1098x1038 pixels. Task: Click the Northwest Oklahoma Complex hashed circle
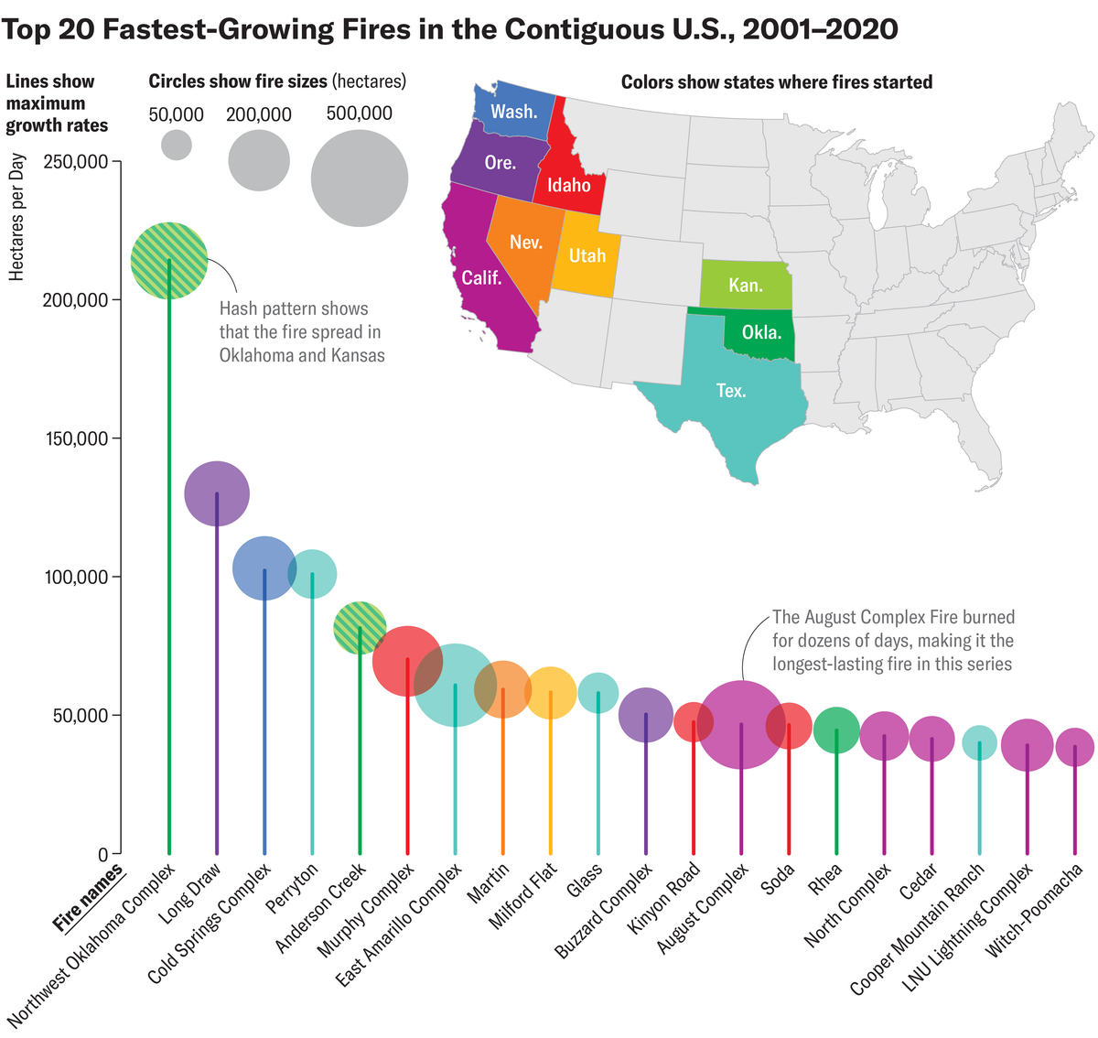(x=169, y=261)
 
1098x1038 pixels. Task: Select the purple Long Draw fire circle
(x=217, y=494)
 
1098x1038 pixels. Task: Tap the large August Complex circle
(x=741, y=725)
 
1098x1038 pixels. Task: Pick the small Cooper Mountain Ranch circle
(x=979, y=741)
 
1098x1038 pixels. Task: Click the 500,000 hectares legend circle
(x=360, y=178)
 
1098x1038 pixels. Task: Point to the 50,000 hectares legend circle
(x=177, y=145)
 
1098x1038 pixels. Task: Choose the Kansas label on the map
(x=746, y=286)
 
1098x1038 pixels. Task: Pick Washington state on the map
(x=514, y=113)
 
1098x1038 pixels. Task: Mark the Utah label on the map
(x=587, y=256)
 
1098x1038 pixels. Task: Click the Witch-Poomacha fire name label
(x=1034, y=911)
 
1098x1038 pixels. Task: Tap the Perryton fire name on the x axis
(x=293, y=888)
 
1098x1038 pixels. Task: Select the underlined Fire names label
(x=89, y=899)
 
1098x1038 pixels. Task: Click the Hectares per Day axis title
(x=16, y=217)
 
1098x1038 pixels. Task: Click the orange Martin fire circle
(x=502, y=689)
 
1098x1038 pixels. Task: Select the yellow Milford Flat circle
(x=550, y=693)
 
